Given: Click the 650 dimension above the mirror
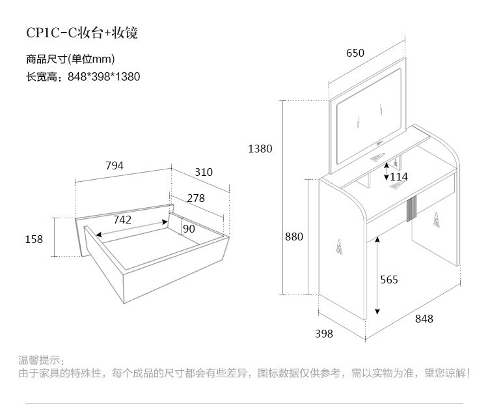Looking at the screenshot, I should pyautogui.click(x=355, y=53).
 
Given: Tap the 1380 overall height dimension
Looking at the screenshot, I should pyautogui.click(x=260, y=149).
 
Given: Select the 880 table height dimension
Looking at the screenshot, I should pyautogui.click(x=294, y=237).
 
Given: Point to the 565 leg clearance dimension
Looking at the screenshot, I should pyautogui.click(x=388, y=280).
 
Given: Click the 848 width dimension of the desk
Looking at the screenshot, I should pyautogui.click(x=424, y=319).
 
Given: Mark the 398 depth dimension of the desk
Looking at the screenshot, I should pyautogui.click(x=324, y=334).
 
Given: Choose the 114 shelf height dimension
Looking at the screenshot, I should pyautogui.click(x=399, y=177).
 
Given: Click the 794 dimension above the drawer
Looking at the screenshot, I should pyautogui.click(x=115, y=165).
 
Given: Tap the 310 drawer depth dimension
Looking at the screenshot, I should pyautogui.click(x=204, y=172).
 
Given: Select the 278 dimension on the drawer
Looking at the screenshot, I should pyautogui.click(x=196, y=197).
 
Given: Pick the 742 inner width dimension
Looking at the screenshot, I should pyautogui.click(x=122, y=220).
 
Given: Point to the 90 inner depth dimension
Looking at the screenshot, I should pyautogui.click(x=189, y=229).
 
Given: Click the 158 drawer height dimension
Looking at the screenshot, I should pyautogui.click(x=34, y=239).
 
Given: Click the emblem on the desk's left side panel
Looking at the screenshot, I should pyautogui.click(x=340, y=248).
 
